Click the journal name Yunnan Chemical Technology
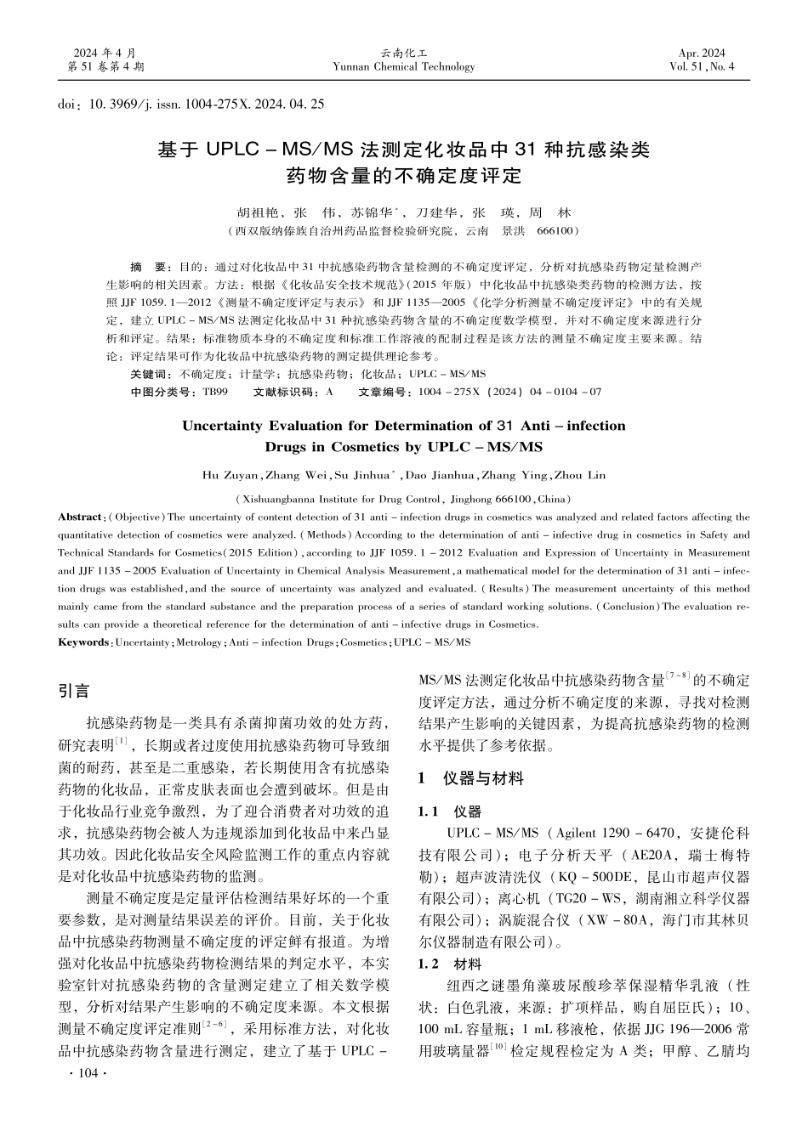(x=404, y=67)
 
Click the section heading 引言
(x=73, y=692)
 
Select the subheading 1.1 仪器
(x=449, y=812)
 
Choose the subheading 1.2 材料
(x=449, y=964)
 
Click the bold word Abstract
(x=80, y=517)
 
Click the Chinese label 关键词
(x=151, y=375)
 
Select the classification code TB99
(x=214, y=393)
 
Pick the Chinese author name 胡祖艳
(x=254, y=212)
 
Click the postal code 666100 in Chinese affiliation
(x=557, y=231)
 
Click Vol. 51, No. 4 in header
(x=702, y=67)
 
